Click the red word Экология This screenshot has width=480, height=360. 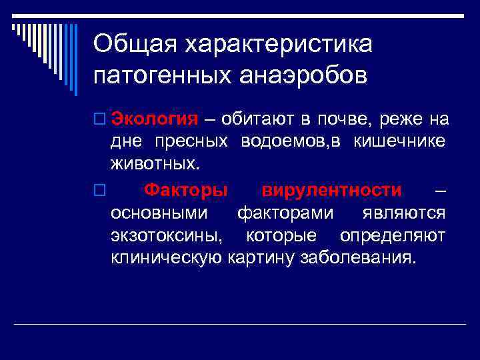(154, 119)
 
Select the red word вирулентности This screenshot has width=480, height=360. (331, 190)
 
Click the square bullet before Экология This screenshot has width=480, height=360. (99, 120)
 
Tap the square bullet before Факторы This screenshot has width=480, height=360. (99, 191)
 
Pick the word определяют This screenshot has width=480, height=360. (393, 235)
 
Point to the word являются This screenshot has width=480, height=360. (404, 213)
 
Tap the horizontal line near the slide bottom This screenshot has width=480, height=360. (240, 324)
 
